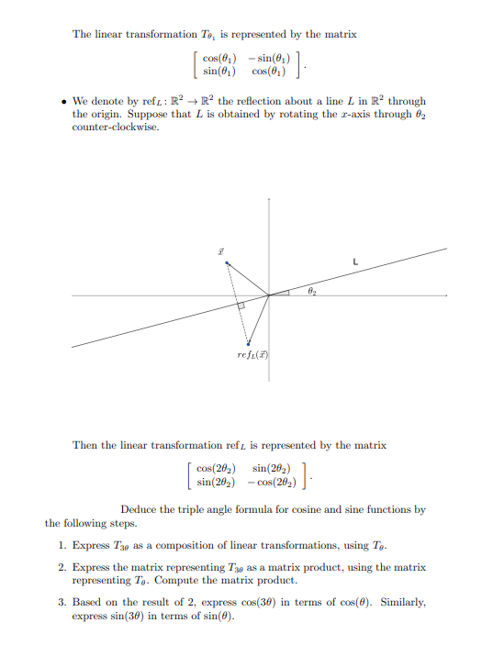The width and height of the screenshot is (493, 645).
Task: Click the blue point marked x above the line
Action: pos(228,263)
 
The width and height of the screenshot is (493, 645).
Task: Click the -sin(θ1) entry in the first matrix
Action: pos(265,58)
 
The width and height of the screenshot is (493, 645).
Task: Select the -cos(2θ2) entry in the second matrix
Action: pos(271,481)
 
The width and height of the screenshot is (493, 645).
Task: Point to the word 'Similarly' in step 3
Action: pos(401,602)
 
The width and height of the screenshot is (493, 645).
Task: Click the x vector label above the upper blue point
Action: pos(221,249)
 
